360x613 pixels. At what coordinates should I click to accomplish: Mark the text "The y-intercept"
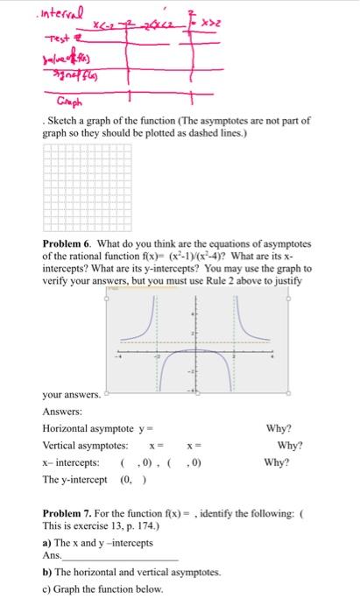[74, 478]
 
